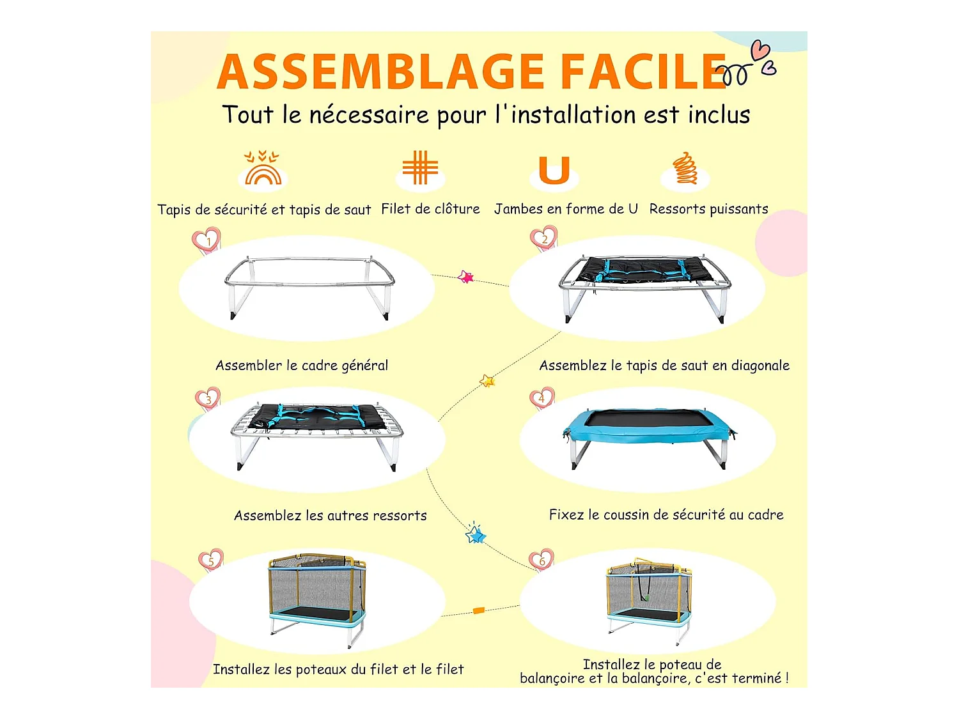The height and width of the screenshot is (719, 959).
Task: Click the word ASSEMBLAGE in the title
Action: pos(380,72)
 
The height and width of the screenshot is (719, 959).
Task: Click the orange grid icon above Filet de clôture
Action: pos(420,167)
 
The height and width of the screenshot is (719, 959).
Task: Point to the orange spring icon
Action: pos(685,167)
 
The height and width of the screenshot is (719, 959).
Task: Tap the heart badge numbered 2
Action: pos(544,238)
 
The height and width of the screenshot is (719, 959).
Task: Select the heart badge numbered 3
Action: pos(208,399)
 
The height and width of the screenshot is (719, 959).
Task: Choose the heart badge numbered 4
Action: pos(542,398)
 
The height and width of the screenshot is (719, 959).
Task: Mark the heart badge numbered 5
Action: pos(211,561)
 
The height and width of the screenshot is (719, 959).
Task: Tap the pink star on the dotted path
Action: pos(465,276)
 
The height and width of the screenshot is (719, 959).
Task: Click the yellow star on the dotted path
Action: pos(488,381)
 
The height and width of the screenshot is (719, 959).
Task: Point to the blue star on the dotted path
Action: pos(476,534)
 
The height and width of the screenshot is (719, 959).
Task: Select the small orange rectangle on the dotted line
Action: pos(479,610)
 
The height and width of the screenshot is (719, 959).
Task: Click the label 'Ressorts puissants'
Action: pos(708,209)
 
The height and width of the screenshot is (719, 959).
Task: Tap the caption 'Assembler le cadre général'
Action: pos(302,366)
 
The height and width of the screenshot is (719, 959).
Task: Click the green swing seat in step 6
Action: pos(646,598)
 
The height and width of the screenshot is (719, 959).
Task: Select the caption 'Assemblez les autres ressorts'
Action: pos(331,516)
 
